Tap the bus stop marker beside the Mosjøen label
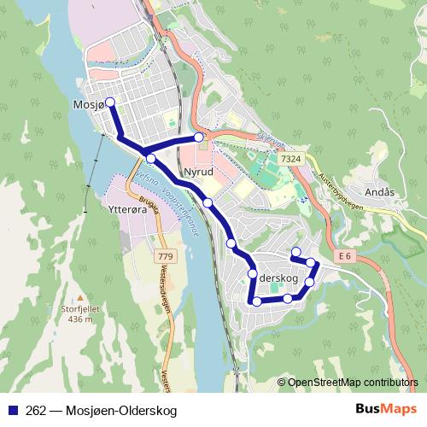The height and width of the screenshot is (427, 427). (109, 103)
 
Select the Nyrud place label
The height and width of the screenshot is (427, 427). (197, 171)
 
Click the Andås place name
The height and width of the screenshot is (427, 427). (379, 192)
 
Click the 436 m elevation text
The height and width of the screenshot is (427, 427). (79, 319)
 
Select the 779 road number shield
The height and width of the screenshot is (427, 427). (166, 256)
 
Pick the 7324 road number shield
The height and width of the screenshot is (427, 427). (290, 159)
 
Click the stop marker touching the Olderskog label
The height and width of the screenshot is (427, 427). (253, 273)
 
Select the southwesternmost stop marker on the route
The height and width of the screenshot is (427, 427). (256, 301)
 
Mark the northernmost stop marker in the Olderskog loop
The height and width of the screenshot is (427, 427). (295, 252)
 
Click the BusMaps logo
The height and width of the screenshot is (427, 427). (386, 410)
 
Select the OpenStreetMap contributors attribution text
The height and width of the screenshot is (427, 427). (352, 382)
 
